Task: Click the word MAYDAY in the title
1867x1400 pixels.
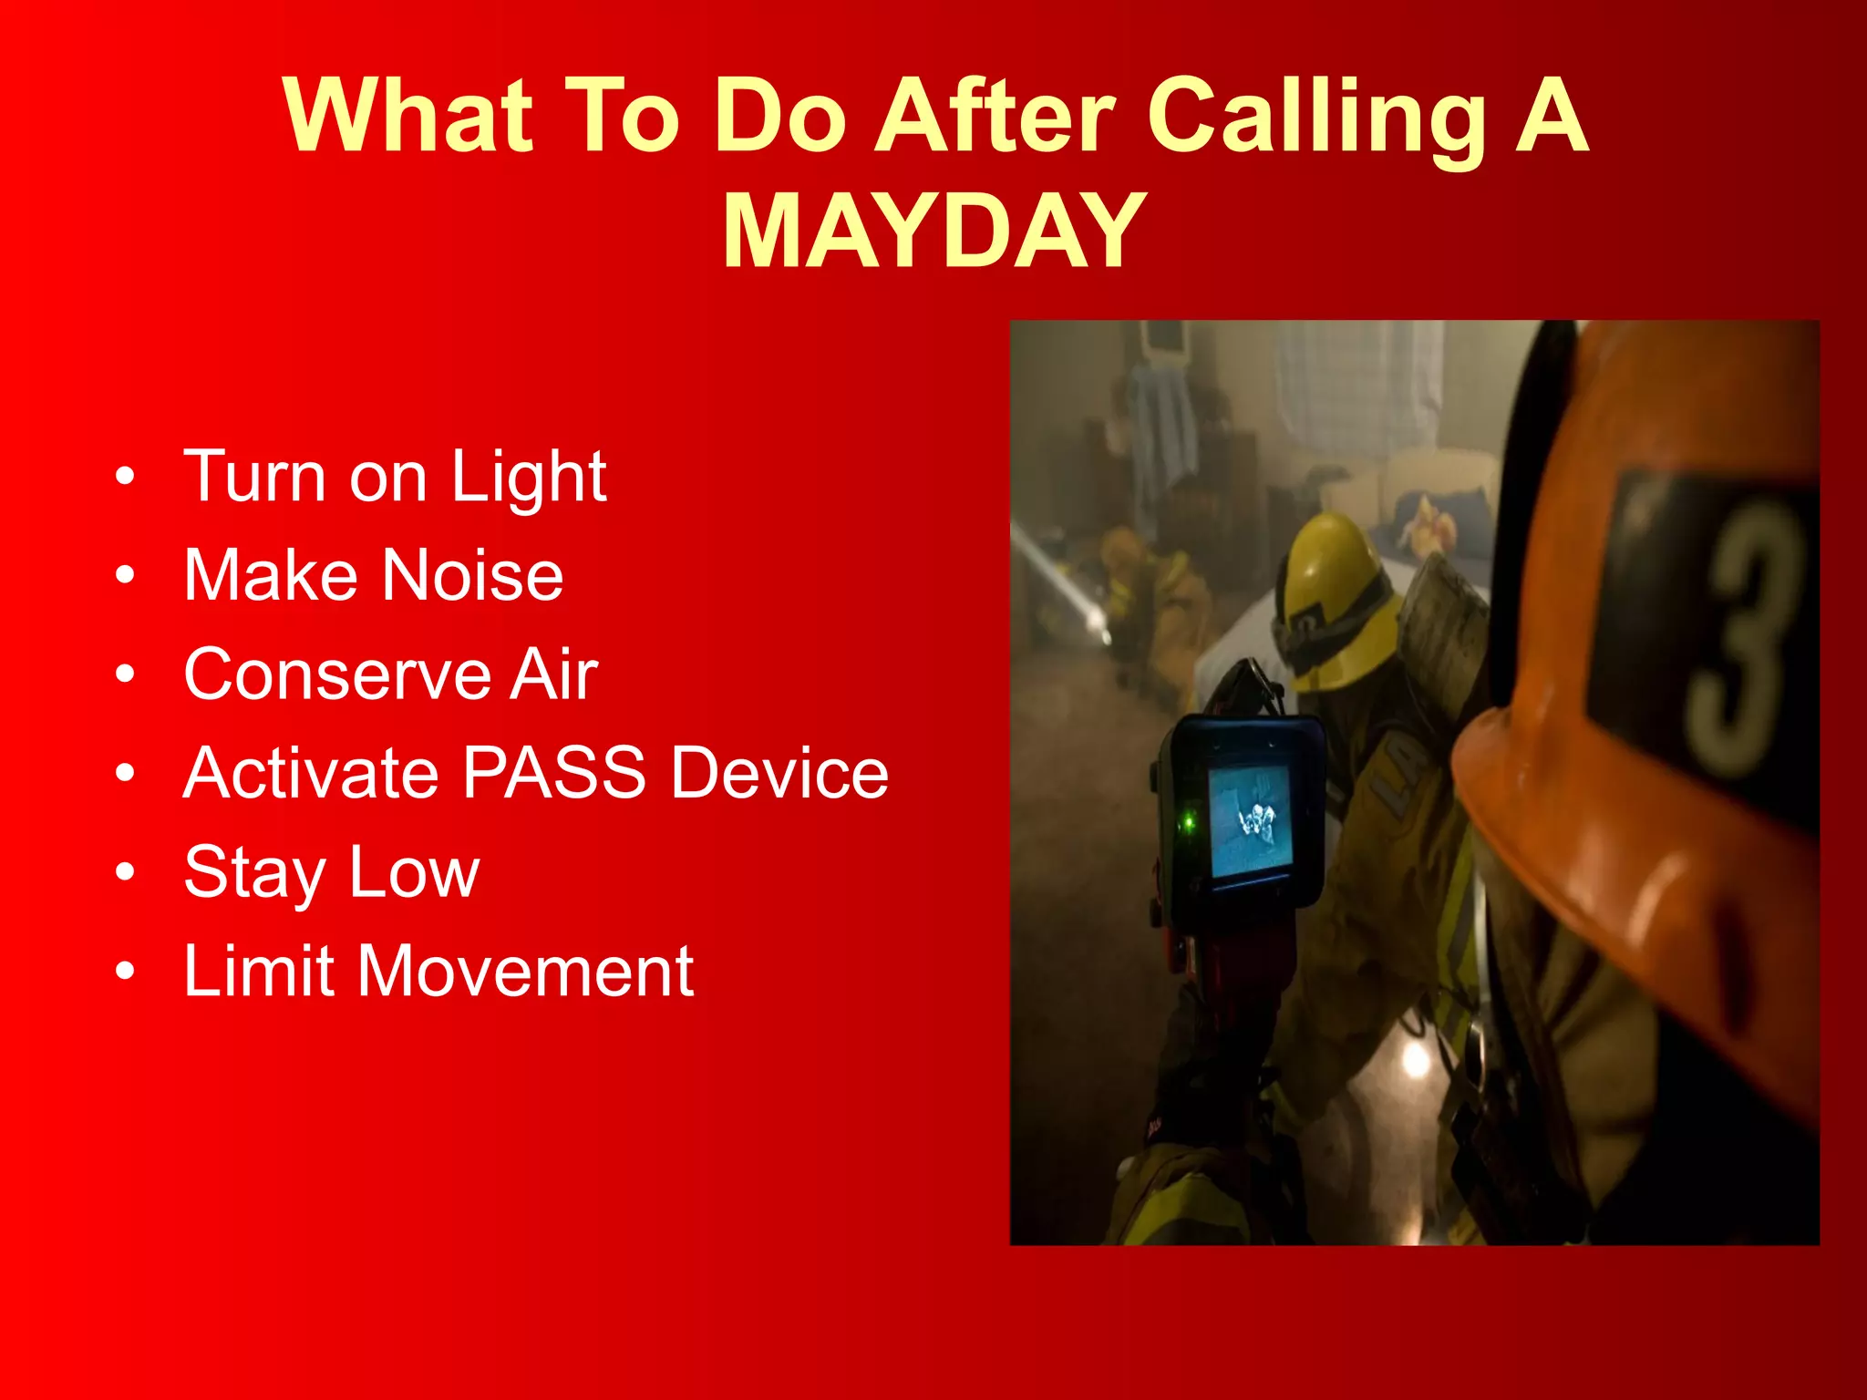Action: point(933,232)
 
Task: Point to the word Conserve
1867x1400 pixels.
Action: point(336,674)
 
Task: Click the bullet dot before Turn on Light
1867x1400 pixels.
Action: point(125,477)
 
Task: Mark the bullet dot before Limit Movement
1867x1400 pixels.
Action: point(125,972)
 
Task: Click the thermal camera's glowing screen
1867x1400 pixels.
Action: point(1250,819)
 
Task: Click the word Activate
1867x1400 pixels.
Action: point(310,773)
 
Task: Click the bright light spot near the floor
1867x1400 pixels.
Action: point(1415,1057)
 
